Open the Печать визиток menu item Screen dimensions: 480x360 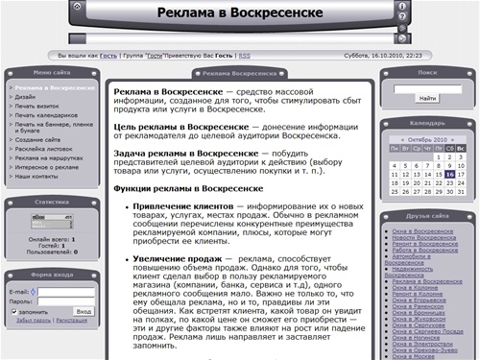[36, 106]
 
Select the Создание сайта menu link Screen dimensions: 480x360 [36, 140]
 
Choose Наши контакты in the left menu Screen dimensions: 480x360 [36, 177]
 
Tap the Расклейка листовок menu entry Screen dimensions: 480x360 [42, 150]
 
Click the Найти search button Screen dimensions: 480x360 [427, 98]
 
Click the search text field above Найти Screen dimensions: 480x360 [427, 85]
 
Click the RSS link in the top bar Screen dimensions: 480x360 [245, 56]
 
